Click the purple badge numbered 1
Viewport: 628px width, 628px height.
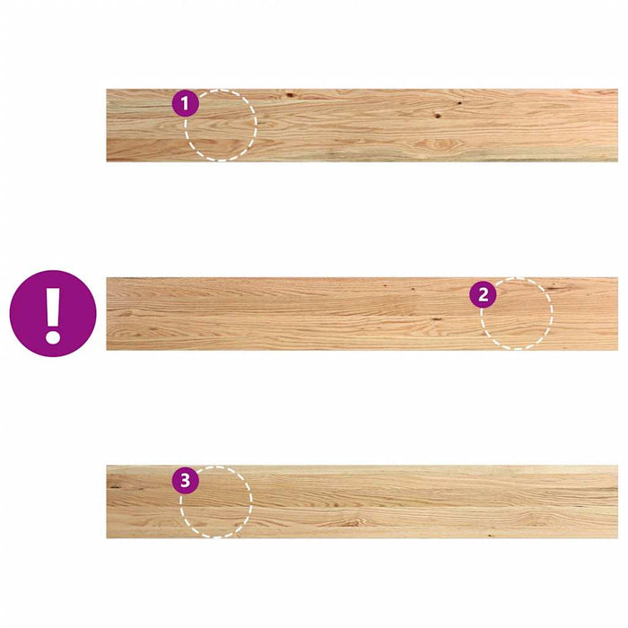pos(185,104)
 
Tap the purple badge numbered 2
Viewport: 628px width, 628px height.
pos(484,294)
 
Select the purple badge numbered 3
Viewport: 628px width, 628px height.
pos(185,481)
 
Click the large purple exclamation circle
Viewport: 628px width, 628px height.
pos(53,313)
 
